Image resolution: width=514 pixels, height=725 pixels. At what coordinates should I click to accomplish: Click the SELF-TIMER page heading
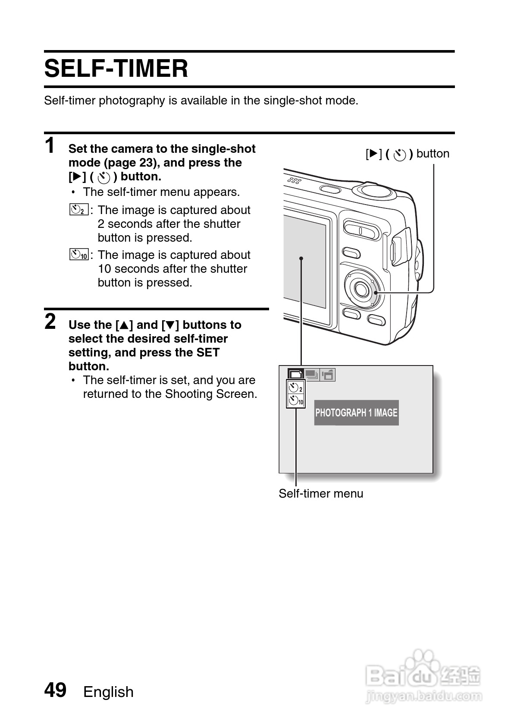point(116,69)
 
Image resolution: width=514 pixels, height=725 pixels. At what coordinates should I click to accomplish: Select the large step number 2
point(50,322)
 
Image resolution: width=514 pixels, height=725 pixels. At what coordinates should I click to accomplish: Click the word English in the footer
point(108,692)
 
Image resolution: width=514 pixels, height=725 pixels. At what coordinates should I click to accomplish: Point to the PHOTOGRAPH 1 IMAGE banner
point(356,413)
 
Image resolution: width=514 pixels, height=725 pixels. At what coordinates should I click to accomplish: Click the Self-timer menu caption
point(321,493)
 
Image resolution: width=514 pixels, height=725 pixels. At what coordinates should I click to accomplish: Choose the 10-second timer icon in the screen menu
point(296,401)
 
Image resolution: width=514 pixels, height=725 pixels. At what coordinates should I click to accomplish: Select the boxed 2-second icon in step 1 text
point(78,210)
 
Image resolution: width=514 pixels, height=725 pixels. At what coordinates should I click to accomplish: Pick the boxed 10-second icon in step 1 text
point(78,255)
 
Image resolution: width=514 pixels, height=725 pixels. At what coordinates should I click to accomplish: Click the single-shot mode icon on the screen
point(295,374)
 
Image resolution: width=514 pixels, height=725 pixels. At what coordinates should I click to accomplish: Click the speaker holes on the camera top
point(295,180)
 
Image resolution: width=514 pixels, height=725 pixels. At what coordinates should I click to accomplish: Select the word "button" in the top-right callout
point(433,154)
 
